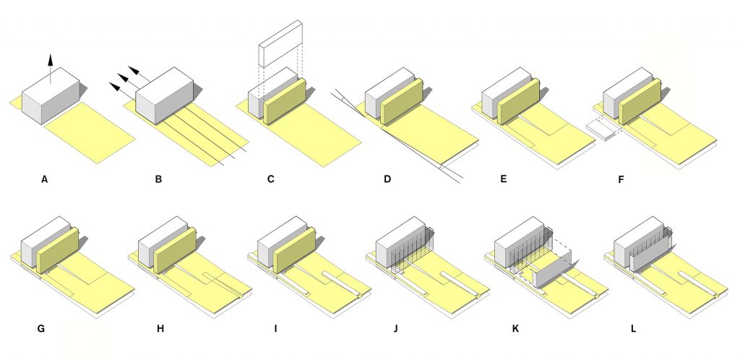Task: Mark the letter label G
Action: tap(40, 329)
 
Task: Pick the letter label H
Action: tap(160, 329)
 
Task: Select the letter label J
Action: tap(395, 329)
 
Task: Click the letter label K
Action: tap(515, 329)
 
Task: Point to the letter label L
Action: tap(633, 329)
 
